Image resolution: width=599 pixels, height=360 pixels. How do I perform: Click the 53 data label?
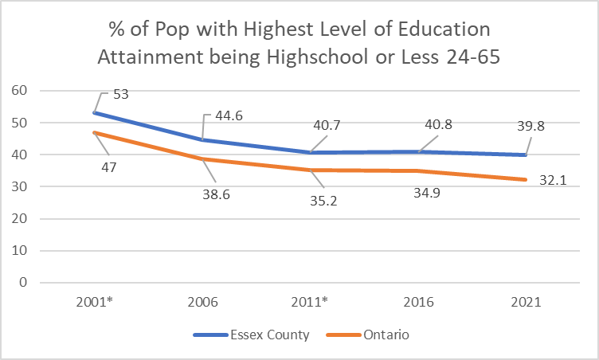(121, 95)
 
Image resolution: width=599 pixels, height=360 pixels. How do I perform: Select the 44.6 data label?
(226, 115)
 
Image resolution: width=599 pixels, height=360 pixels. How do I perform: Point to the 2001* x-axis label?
(95, 303)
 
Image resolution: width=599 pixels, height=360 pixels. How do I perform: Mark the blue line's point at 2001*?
(95, 113)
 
